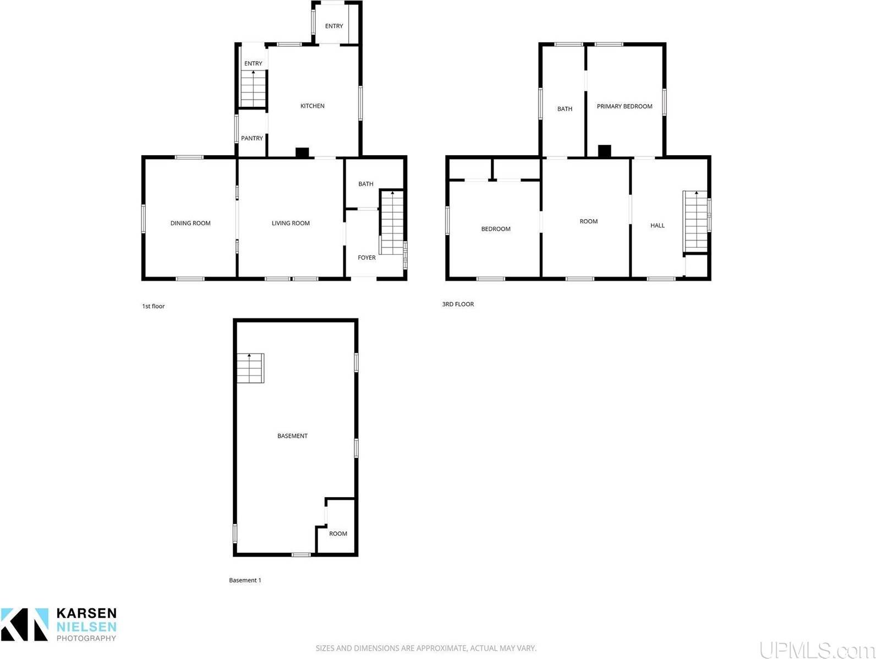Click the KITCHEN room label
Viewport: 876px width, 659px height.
pos(312,106)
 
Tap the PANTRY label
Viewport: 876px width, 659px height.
pos(252,138)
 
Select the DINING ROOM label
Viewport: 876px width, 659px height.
pos(190,223)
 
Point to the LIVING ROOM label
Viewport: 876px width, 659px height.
pos(291,223)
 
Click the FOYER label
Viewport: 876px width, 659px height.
pos(366,258)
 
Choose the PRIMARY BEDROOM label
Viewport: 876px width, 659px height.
pos(625,106)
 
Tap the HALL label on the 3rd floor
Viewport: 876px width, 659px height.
pos(657,225)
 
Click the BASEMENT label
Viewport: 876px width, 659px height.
pos(292,435)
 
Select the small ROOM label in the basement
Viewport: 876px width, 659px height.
pos(338,533)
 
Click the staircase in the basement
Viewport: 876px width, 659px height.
pos(250,368)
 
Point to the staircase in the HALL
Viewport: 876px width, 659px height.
pos(695,220)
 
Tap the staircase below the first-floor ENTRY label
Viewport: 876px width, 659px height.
pos(253,89)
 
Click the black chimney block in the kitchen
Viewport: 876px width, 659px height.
pos(302,153)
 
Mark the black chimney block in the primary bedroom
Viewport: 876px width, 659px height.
pos(605,151)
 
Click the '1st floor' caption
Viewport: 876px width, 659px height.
pos(153,306)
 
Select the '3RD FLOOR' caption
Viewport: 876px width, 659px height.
pos(458,304)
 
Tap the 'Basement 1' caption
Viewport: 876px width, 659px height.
pos(245,580)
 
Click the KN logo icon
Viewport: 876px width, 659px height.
pos(25,624)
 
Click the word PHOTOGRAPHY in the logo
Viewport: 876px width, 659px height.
pos(86,638)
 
